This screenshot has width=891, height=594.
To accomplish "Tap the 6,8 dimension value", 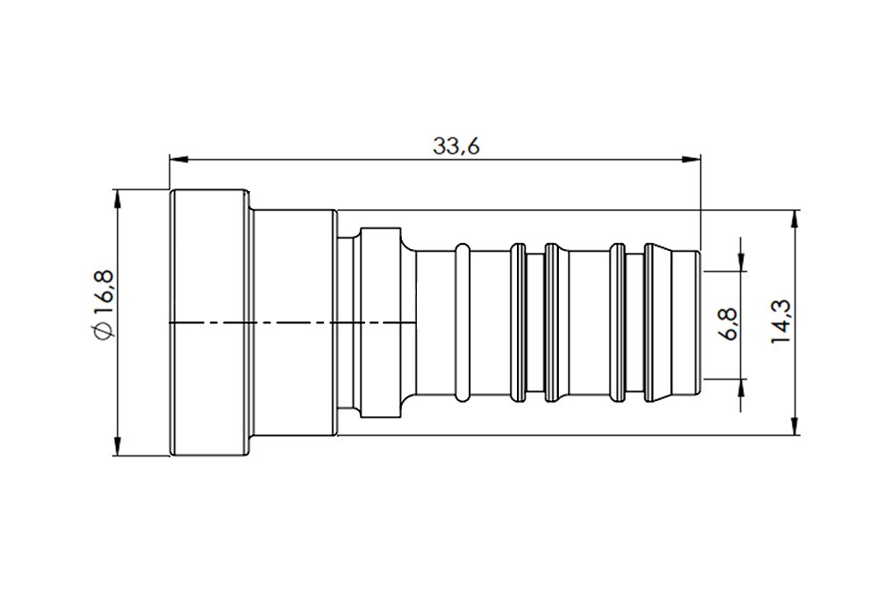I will coord(728,322).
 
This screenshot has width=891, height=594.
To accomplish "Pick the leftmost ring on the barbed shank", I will coord(463,322).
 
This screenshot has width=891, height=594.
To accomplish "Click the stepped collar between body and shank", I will coord(379,322).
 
